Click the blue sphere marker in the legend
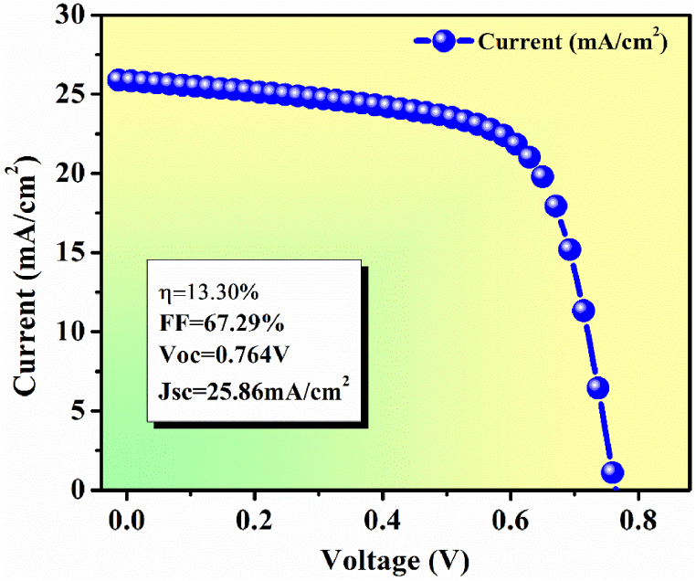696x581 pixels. click(x=445, y=42)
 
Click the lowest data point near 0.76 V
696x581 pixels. click(x=612, y=472)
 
